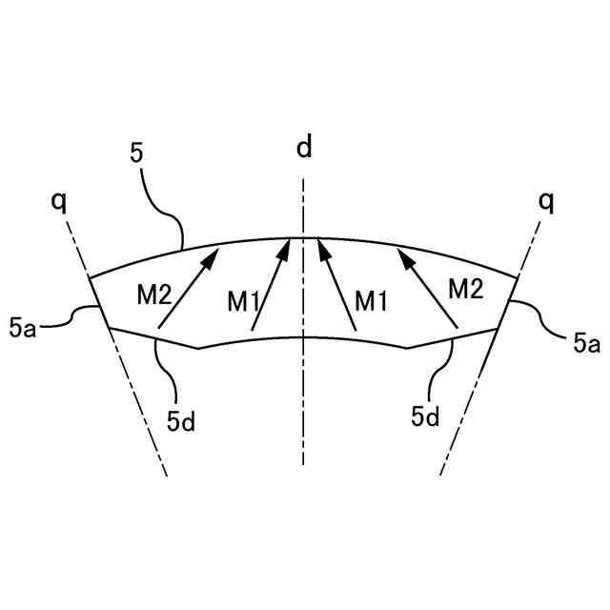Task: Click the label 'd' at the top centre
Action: click(x=303, y=148)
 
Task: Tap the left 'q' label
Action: click(x=62, y=201)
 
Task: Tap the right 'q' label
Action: click(x=546, y=201)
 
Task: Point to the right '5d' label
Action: click(x=425, y=416)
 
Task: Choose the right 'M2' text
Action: click(x=466, y=288)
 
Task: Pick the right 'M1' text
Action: click(x=372, y=301)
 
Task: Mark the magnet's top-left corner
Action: click(x=89, y=277)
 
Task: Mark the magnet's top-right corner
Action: click(x=518, y=277)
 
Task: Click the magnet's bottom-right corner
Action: click(x=498, y=328)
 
